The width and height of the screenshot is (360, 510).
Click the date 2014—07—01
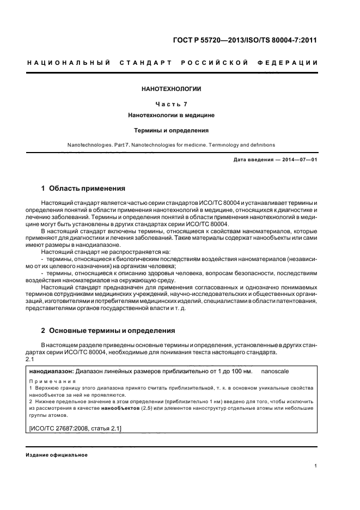click(299, 159)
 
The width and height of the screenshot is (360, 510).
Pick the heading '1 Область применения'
click(83, 189)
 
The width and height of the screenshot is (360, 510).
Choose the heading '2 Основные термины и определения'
click(108, 330)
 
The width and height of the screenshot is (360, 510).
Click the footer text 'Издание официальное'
click(57, 455)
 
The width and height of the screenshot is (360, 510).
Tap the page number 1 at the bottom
click(316, 466)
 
